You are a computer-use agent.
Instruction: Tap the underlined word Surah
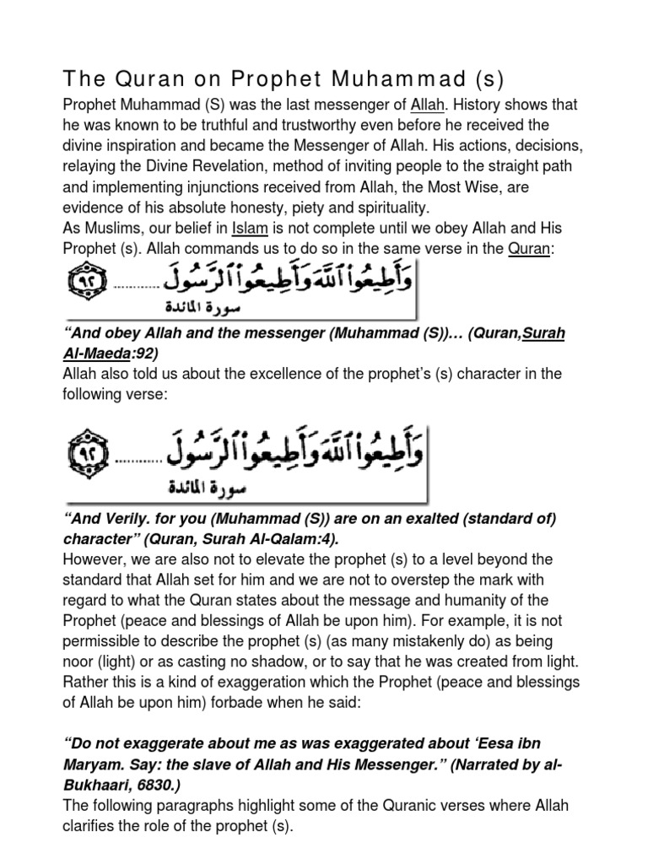point(543,333)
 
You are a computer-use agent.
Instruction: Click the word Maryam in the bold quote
point(94,765)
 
